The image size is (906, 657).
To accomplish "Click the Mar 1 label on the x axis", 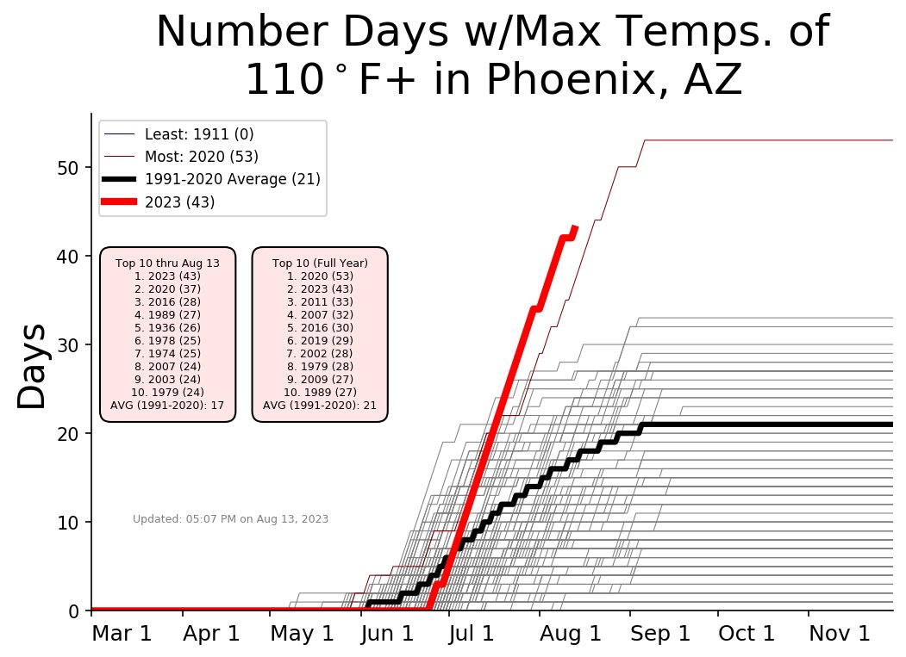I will point(122,635).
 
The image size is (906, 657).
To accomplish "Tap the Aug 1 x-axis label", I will point(570,635).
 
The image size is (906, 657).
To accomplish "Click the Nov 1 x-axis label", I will point(838,635).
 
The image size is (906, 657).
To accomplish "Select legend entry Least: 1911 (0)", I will point(198,134).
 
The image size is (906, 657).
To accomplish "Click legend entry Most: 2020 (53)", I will point(201,157).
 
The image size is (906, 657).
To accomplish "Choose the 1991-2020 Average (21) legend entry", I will point(232,179).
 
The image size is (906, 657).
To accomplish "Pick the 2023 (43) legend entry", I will point(179,201).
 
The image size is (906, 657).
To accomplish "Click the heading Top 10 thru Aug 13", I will point(167,263).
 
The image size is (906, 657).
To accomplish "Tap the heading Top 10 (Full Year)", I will point(320,263).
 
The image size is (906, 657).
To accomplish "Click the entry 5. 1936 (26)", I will point(167,327).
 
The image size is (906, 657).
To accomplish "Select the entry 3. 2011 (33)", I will point(320,301).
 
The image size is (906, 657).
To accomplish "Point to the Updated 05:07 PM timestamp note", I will point(230,518).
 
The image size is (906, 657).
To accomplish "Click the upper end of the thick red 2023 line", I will point(575,227).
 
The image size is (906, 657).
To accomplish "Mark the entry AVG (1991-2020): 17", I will point(167,405).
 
